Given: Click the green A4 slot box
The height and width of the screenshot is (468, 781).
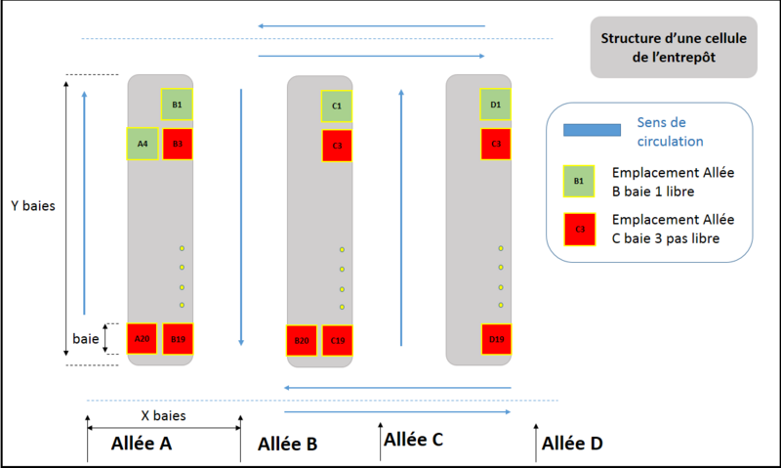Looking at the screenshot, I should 142,144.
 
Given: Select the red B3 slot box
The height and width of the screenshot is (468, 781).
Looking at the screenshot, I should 178,144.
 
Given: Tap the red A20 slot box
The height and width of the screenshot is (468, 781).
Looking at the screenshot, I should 142,338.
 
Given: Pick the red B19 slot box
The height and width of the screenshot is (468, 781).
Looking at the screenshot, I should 178,338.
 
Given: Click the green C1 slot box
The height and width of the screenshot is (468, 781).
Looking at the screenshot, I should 337,106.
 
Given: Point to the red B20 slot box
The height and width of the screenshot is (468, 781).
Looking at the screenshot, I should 301,340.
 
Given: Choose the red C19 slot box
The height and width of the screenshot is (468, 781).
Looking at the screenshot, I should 338,340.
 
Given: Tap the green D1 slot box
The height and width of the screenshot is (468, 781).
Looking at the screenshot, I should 496,105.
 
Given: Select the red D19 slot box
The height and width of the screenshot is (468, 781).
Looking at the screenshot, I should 496,339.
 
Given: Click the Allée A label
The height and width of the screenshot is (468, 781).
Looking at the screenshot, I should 142,443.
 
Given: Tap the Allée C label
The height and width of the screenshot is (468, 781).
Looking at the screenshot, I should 414,440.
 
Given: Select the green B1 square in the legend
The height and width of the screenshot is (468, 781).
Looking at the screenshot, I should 579,181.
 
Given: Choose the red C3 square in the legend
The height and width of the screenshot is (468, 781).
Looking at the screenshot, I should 579,231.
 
